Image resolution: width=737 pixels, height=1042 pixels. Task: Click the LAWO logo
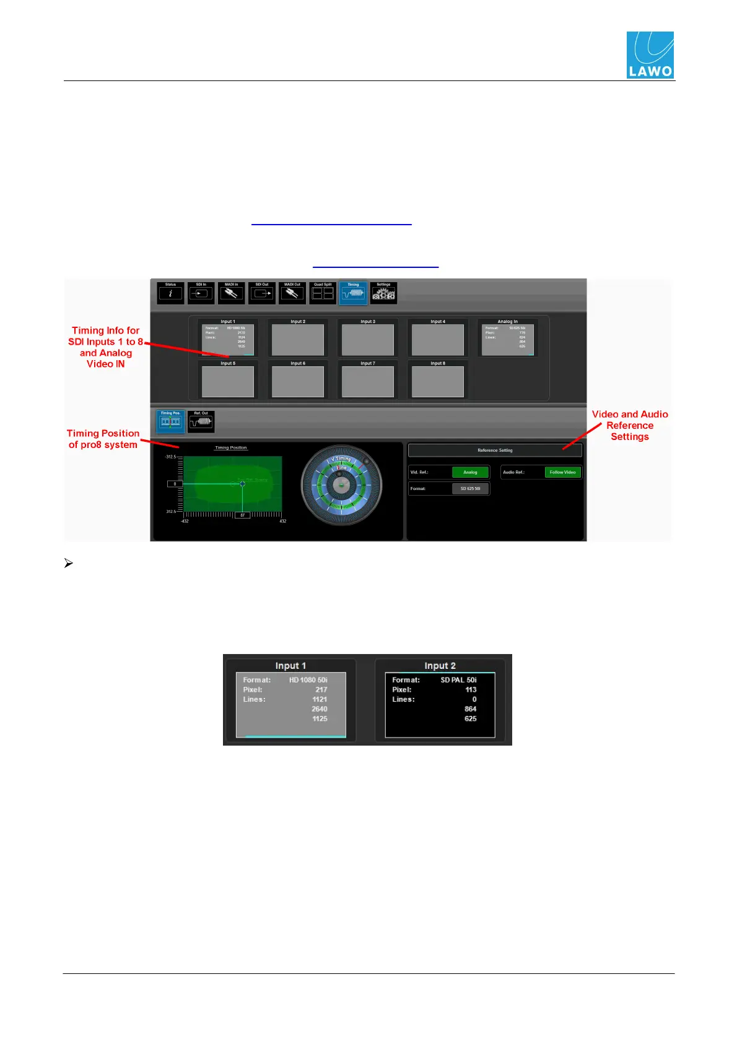point(650,55)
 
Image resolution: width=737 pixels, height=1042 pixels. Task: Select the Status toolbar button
point(170,293)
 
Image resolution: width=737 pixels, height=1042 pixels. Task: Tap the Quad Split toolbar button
point(323,293)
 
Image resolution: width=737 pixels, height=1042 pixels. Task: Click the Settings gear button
point(383,293)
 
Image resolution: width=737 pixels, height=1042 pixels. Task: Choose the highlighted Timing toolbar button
point(353,293)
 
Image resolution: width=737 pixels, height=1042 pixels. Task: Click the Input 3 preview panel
point(368,339)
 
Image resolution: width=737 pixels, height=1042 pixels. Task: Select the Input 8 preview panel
point(438,381)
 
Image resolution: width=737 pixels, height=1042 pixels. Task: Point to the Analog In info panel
point(507,338)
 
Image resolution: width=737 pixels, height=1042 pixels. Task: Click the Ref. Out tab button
point(201,421)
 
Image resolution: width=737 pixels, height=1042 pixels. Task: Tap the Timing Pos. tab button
point(170,421)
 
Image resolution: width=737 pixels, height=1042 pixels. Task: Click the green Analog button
point(470,472)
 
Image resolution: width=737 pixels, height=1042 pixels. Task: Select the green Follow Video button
point(562,472)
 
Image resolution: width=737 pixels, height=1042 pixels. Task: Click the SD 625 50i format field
point(470,489)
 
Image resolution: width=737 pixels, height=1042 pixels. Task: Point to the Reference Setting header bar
point(495,450)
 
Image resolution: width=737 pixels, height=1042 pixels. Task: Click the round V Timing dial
point(341,486)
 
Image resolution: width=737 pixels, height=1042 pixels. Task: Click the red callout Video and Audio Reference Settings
point(630,425)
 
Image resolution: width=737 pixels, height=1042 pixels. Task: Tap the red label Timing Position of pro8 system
point(103,439)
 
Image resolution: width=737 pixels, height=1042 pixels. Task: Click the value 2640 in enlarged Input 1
point(320,709)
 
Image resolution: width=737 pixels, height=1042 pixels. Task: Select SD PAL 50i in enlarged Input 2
point(458,680)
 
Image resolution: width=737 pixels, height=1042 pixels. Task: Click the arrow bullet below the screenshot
point(69,564)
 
